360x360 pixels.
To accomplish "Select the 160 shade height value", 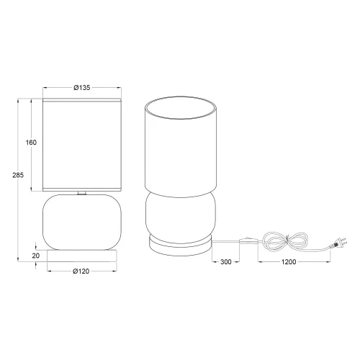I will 31,143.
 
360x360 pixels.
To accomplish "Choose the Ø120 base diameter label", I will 81,272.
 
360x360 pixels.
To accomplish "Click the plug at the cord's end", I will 336,246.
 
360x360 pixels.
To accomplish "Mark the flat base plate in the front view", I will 81,255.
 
